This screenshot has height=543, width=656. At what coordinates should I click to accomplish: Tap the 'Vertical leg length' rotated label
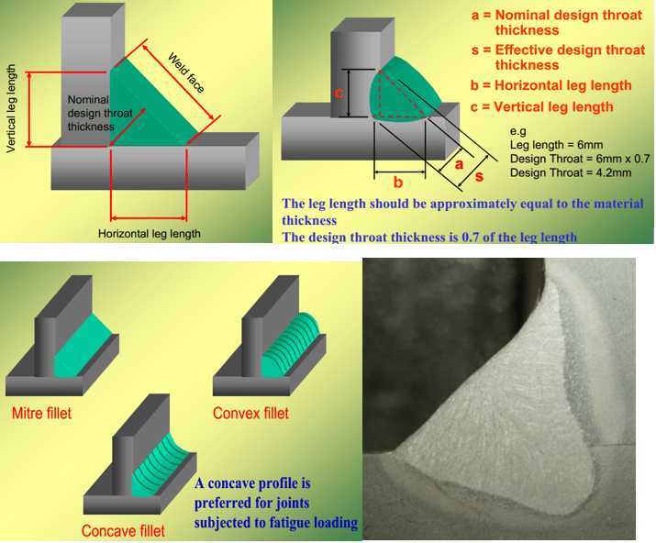[12, 108]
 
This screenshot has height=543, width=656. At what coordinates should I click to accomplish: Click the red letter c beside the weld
[339, 93]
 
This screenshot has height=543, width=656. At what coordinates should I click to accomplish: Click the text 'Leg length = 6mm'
[550, 145]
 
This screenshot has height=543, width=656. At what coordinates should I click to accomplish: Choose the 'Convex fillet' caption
[250, 414]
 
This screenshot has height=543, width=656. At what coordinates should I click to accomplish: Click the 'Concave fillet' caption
[123, 530]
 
